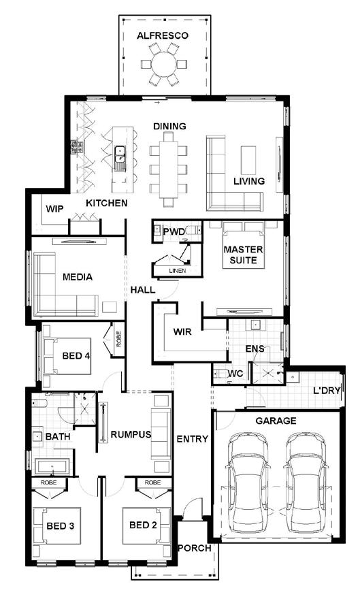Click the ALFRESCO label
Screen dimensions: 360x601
point(163,35)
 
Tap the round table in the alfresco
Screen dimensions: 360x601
point(164,64)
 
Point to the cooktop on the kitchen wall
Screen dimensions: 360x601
point(77,148)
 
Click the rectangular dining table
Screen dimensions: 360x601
point(168,169)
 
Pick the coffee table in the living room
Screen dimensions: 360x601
point(248,160)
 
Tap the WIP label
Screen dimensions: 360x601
point(55,209)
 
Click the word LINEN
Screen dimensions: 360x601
point(177,271)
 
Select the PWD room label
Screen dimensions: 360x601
point(174,231)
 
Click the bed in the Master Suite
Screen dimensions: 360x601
point(244,244)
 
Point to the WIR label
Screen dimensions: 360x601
point(182,331)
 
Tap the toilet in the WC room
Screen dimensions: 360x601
point(220,374)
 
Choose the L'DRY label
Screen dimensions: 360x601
point(327,391)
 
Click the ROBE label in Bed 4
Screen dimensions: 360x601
point(118,339)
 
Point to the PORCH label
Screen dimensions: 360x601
point(195,548)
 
